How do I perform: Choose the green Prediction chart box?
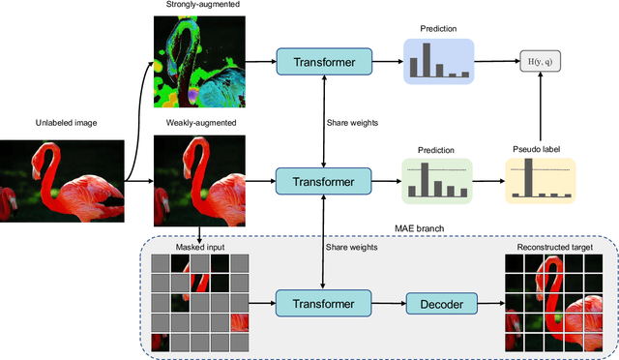click(438, 179)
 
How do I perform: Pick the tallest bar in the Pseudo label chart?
click(529, 178)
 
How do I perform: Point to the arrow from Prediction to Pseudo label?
click(488, 179)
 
